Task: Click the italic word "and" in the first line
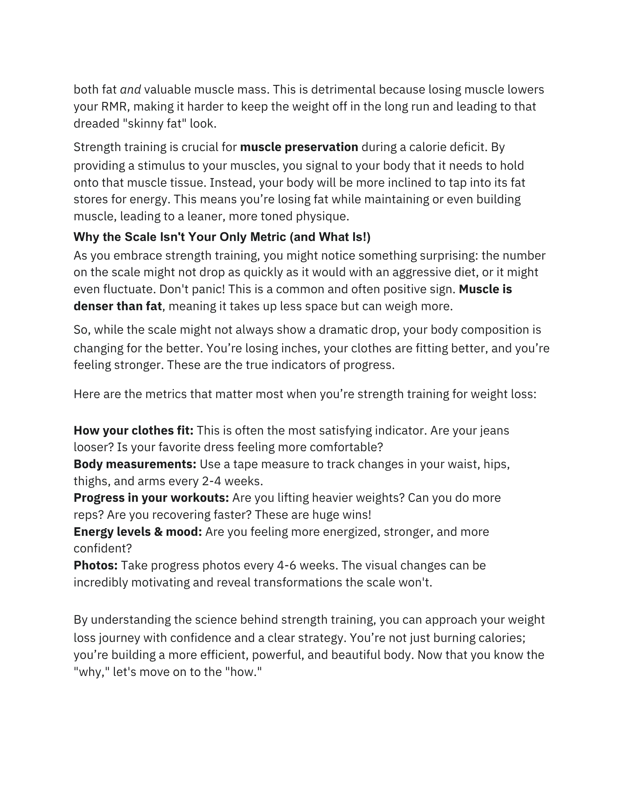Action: pyautogui.click(x=130, y=90)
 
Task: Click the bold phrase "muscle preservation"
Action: pyautogui.click(x=299, y=147)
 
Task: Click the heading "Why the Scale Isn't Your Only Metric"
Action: pyautogui.click(x=222, y=237)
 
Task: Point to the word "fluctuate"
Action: pyautogui.click(x=129, y=289)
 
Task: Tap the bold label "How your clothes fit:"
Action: pyautogui.click(x=133, y=430)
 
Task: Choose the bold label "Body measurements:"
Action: pyautogui.click(x=135, y=464)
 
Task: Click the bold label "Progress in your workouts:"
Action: pyautogui.click(x=151, y=497)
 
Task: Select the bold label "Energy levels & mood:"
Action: pyautogui.click(x=138, y=531)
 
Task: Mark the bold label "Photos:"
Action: pyautogui.click(x=95, y=565)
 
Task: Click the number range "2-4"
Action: pyautogui.click(x=211, y=481)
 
